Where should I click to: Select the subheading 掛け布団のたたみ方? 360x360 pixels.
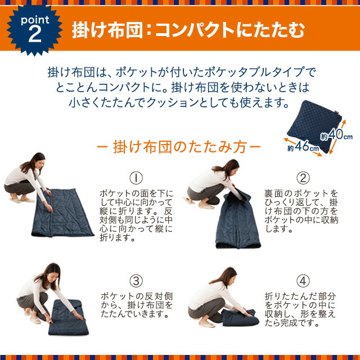(x=178, y=149)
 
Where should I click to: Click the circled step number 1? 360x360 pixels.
(x=136, y=179)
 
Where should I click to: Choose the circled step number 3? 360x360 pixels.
(x=136, y=280)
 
